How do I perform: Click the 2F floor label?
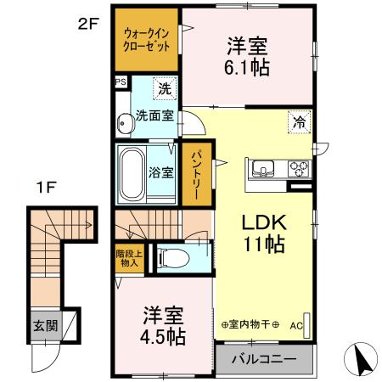click(x=88, y=25)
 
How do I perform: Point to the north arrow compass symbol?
click(x=362, y=360)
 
